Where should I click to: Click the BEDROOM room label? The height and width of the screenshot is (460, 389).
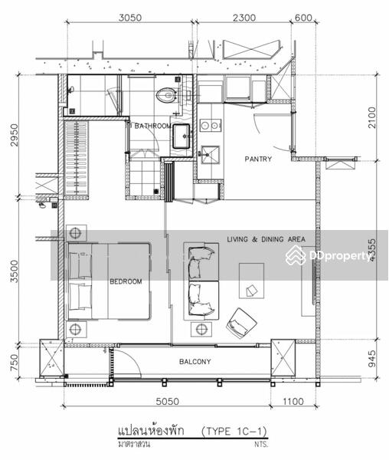pos(126,281)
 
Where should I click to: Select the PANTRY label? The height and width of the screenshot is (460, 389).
pos(258,159)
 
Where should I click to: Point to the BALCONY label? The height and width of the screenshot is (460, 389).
pos(195,362)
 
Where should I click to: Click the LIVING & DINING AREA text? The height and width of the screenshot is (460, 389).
pos(266,239)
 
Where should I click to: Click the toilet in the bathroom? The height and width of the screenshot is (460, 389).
pos(165,95)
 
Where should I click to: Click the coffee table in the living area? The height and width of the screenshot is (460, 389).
pos(251,281)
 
